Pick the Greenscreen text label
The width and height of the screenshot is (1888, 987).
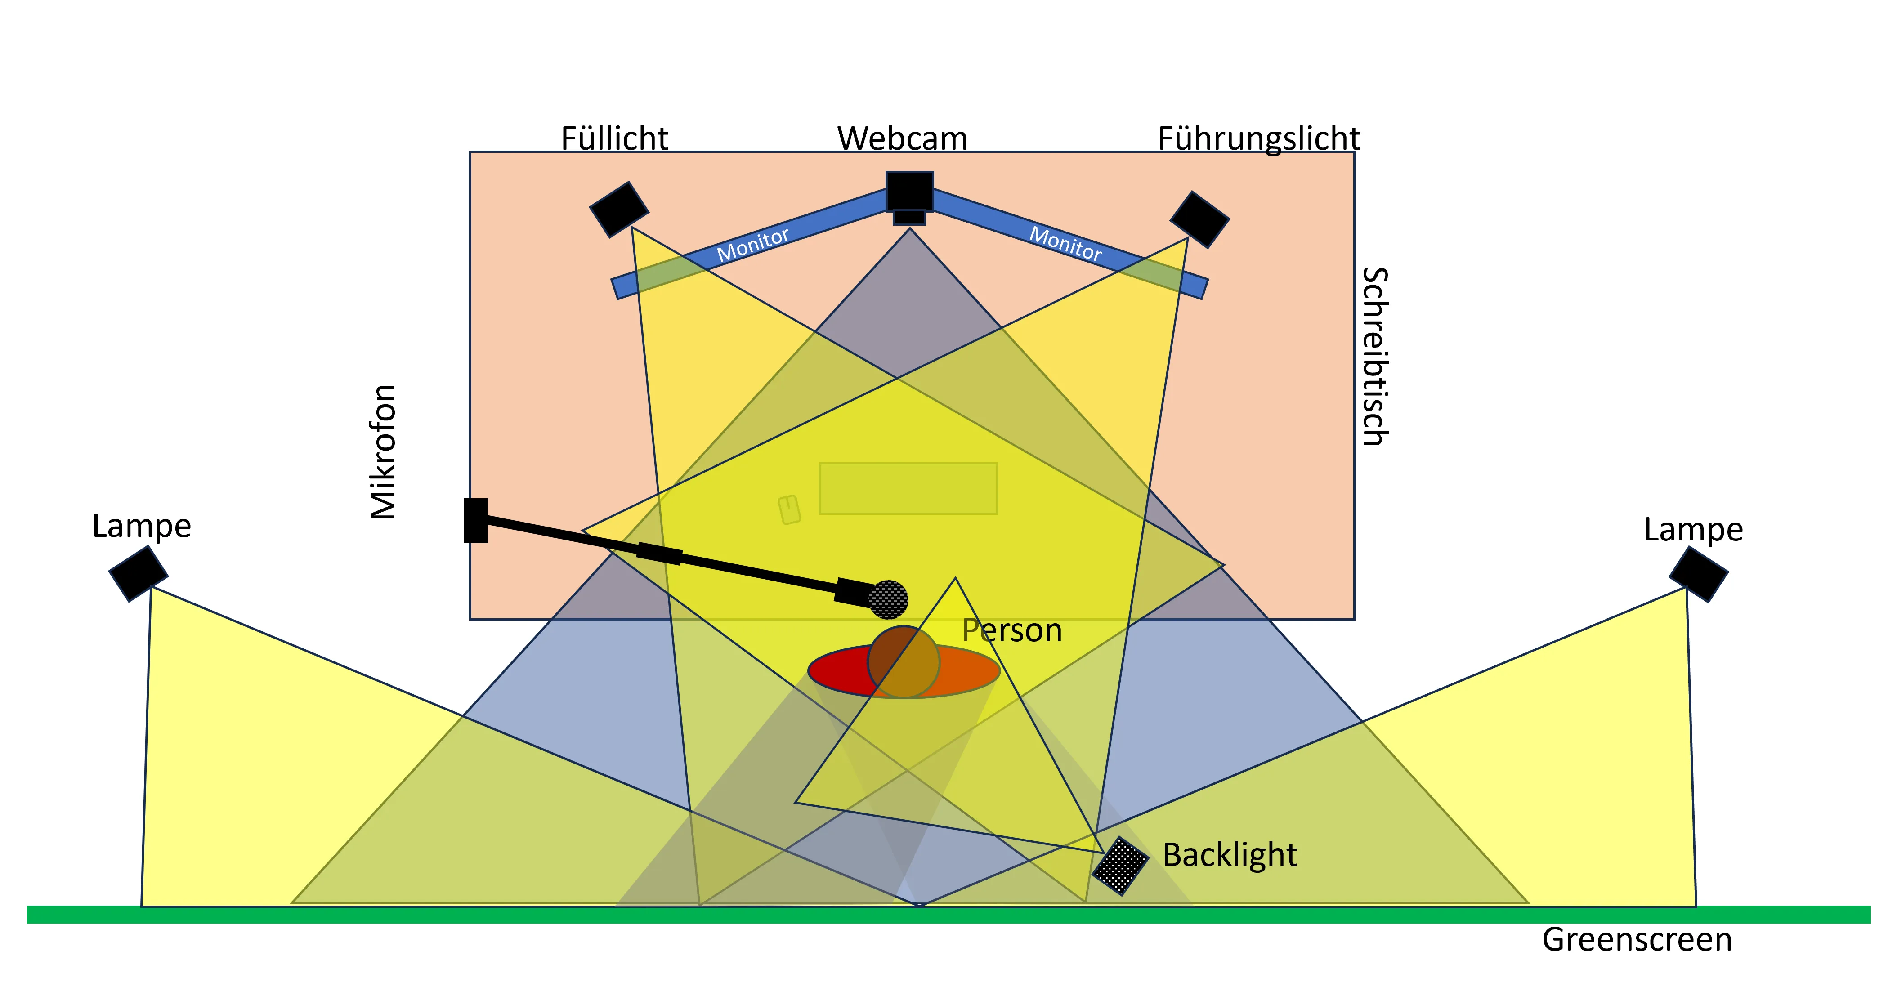[1637, 939]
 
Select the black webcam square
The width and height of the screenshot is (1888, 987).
[909, 191]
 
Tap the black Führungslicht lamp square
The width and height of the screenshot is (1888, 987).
[1200, 219]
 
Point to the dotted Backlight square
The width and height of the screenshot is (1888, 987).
[1120, 866]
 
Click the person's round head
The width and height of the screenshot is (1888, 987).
[903, 661]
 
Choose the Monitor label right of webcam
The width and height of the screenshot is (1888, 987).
[1066, 244]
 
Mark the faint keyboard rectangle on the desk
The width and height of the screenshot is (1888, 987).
[908, 488]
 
